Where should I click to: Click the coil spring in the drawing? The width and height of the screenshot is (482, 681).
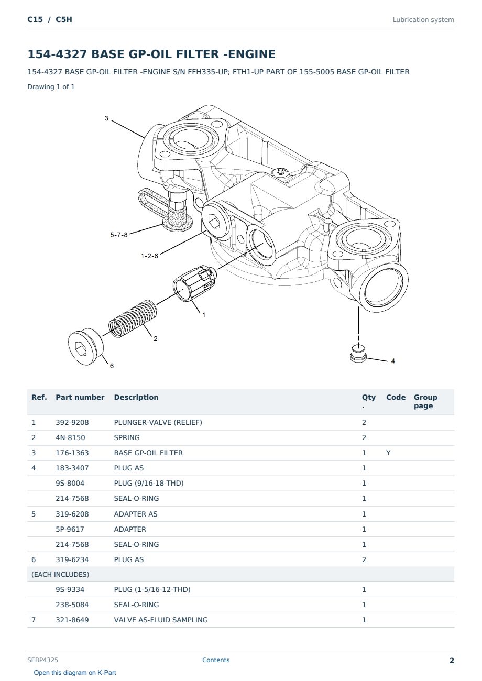tap(133, 319)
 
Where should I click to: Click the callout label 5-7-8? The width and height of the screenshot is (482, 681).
tap(118, 235)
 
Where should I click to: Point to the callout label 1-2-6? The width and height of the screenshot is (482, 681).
tap(149, 256)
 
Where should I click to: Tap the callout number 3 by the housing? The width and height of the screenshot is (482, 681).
tap(106, 118)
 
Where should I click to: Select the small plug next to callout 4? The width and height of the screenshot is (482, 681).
tap(358, 354)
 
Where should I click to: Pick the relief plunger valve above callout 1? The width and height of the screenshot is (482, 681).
tap(194, 283)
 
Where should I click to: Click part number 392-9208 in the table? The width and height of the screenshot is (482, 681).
tap(72, 422)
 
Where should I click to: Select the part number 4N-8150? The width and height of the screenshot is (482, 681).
tap(70, 437)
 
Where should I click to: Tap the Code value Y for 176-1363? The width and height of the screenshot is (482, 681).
tap(388, 453)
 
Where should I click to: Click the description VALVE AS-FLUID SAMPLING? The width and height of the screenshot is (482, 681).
tap(161, 620)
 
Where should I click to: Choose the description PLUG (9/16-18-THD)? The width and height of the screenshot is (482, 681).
tap(149, 483)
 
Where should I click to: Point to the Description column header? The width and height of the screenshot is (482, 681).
tap(136, 397)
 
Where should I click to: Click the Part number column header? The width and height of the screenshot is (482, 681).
tap(80, 397)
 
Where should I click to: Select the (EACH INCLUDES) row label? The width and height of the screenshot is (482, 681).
tap(60, 574)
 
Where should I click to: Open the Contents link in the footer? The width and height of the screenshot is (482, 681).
tap(216, 660)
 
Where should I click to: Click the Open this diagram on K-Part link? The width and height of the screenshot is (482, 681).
tap(75, 673)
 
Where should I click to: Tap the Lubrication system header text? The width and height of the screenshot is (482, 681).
tap(423, 20)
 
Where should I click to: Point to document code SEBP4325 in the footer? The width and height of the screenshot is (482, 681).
tap(42, 660)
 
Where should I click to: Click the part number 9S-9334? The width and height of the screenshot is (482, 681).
tap(70, 589)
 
